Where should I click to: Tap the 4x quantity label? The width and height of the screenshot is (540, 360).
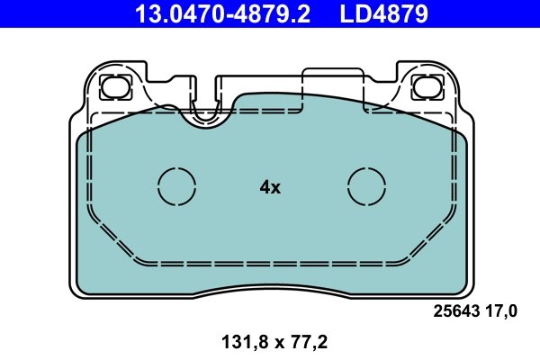[x=270, y=187]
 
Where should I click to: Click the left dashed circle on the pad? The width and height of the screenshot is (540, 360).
[x=176, y=186]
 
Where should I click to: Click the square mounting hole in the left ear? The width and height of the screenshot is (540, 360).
[x=115, y=87]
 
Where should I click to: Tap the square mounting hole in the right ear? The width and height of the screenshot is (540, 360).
[x=423, y=87]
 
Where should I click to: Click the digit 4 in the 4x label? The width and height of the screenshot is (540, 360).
[x=265, y=187]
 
